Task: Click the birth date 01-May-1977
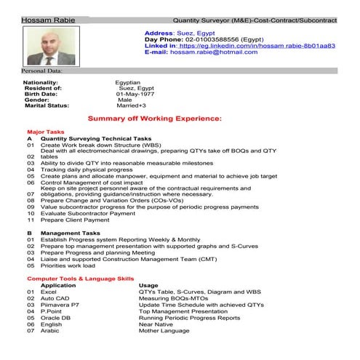click(138, 94)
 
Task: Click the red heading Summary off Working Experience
click(153, 118)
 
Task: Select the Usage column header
click(148, 285)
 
